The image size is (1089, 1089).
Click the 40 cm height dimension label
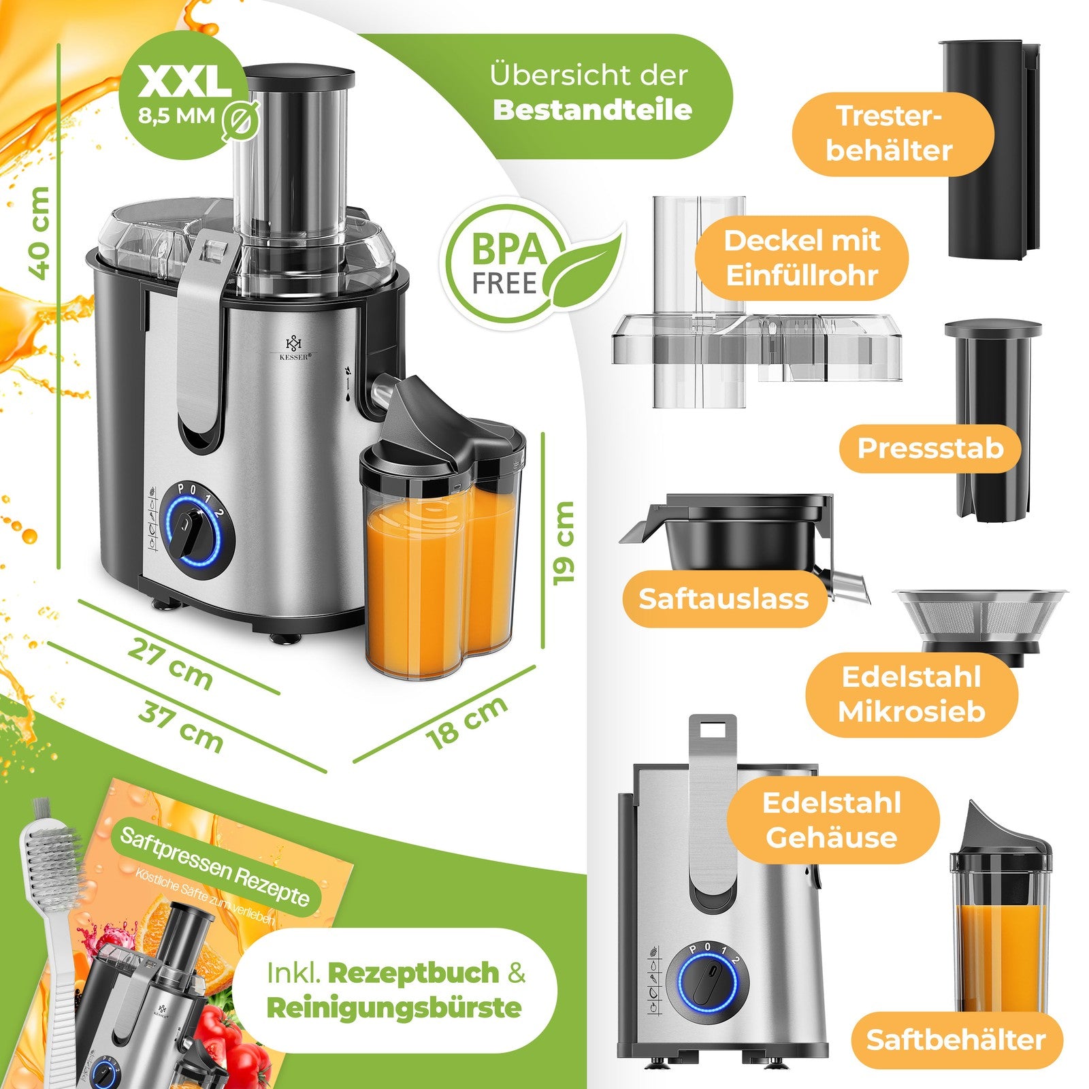(x=39, y=233)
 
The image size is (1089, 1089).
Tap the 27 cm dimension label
(x=170, y=664)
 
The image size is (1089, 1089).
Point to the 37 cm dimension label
(x=180, y=728)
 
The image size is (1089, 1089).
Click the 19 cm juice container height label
(x=564, y=542)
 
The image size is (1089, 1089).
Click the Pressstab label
(x=930, y=448)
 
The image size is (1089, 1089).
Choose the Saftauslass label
(x=724, y=598)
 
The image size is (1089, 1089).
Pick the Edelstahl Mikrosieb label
(x=911, y=694)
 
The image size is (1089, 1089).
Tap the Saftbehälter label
(x=956, y=1039)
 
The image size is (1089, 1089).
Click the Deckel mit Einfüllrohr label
(x=802, y=258)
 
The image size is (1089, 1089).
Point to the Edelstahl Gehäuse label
(x=831, y=819)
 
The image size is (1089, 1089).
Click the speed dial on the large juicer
(x=187, y=531)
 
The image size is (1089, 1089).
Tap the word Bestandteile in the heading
(x=591, y=110)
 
